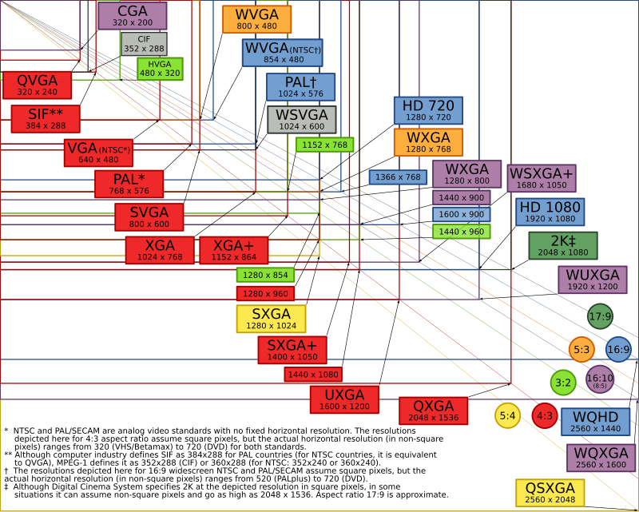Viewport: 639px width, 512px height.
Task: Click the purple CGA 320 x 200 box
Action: click(x=133, y=16)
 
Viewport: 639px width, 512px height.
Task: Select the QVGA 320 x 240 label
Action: click(x=37, y=85)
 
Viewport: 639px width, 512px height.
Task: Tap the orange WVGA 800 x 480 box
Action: click(x=256, y=19)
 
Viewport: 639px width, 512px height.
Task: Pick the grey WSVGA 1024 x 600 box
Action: click(x=302, y=120)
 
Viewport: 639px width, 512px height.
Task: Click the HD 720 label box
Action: click(x=428, y=110)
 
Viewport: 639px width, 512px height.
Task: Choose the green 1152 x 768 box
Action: click(x=324, y=145)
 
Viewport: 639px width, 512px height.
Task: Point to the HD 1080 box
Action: click(x=550, y=212)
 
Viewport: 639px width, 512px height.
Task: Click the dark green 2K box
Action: click(x=563, y=246)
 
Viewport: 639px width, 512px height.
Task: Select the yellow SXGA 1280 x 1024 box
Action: click(x=271, y=319)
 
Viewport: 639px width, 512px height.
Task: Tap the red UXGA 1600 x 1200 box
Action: click(x=344, y=400)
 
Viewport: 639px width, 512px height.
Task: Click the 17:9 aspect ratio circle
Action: click(x=601, y=316)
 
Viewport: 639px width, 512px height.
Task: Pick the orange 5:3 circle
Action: click(x=582, y=349)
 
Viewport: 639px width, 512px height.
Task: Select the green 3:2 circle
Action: click(x=563, y=383)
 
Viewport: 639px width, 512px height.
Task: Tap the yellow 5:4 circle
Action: click(x=507, y=416)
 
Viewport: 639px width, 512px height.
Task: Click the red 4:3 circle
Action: click(x=545, y=416)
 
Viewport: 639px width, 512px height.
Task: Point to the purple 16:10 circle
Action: click(x=600, y=379)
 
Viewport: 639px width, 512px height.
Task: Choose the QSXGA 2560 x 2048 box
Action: click(x=550, y=493)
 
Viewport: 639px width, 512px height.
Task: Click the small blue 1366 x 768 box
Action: click(x=398, y=177)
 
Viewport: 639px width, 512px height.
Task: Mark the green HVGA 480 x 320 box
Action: click(x=160, y=69)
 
